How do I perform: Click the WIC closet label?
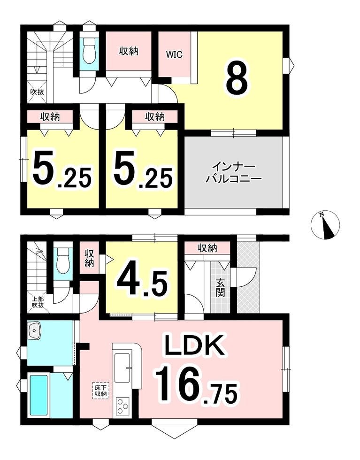click(x=174, y=54)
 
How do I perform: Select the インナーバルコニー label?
click(x=233, y=173)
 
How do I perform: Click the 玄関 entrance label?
click(x=220, y=288)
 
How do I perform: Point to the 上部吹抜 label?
click(x=38, y=302)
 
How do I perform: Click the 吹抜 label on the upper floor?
click(x=38, y=92)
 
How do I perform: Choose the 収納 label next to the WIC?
click(x=129, y=51)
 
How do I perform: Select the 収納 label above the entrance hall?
click(x=207, y=248)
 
